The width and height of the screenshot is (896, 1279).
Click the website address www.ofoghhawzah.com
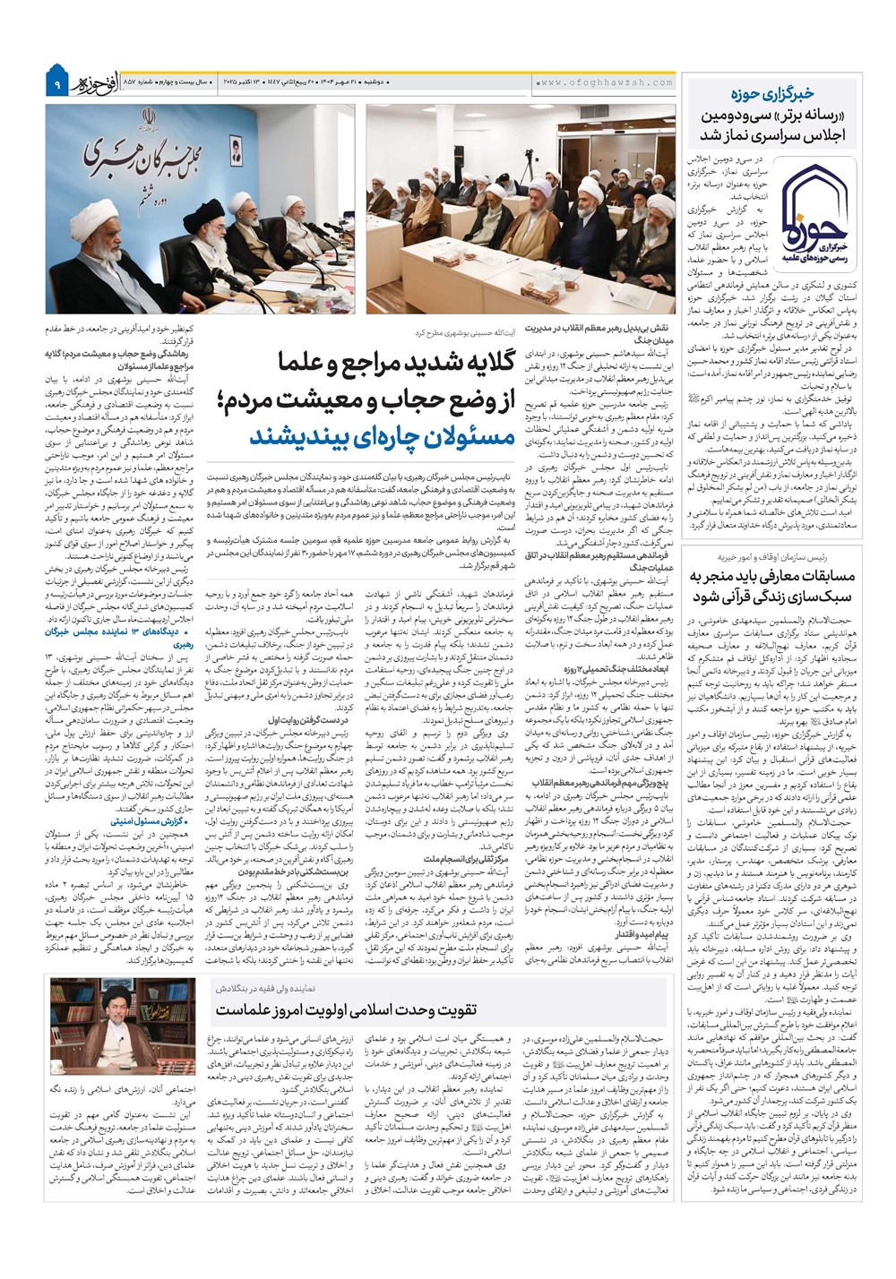point(607,82)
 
